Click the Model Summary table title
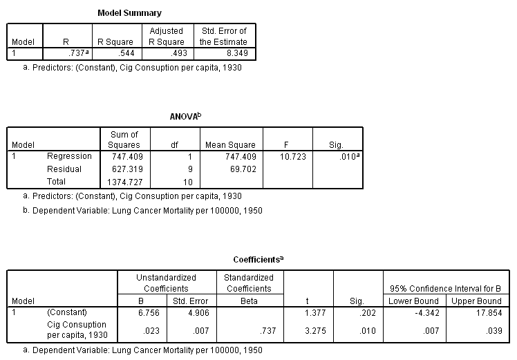click(x=129, y=12)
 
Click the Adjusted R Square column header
click(x=166, y=36)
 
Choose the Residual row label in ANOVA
click(x=64, y=169)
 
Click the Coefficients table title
click(x=258, y=259)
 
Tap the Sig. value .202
click(x=364, y=312)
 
